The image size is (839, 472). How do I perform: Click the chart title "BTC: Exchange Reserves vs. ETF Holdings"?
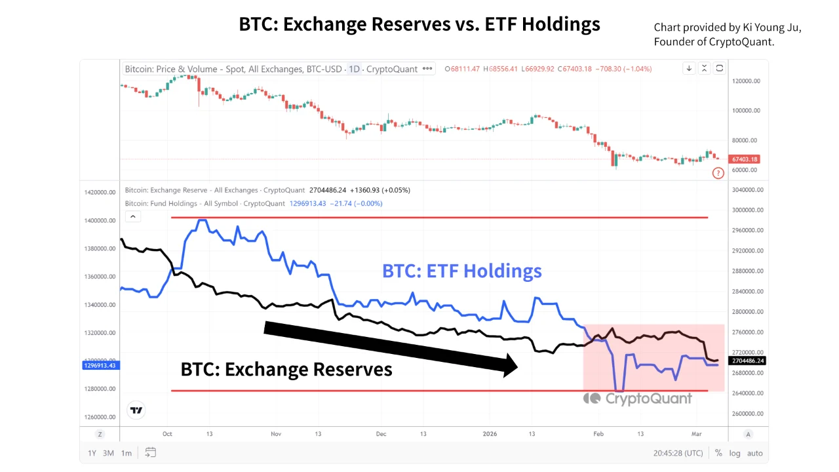point(419,25)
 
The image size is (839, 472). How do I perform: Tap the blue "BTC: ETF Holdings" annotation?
point(462,271)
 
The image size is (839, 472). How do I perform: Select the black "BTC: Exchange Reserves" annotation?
point(286,369)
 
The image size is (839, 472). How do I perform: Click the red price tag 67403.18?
point(745,159)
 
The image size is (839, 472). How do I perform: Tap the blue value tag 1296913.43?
point(100,365)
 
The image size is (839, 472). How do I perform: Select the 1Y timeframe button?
point(92,453)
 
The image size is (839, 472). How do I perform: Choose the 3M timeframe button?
point(108,453)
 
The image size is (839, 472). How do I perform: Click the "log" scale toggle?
point(735,453)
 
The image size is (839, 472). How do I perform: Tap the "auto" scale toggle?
point(754,453)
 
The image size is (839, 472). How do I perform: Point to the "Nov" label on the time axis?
point(276,434)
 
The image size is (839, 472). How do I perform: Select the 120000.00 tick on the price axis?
point(747,81)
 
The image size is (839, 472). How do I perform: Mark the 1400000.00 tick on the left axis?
point(99,221)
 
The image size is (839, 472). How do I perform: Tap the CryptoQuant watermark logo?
point(638,398)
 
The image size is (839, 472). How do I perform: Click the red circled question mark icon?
point(718,173)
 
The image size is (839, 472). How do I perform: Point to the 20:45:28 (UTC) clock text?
point(678,453)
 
